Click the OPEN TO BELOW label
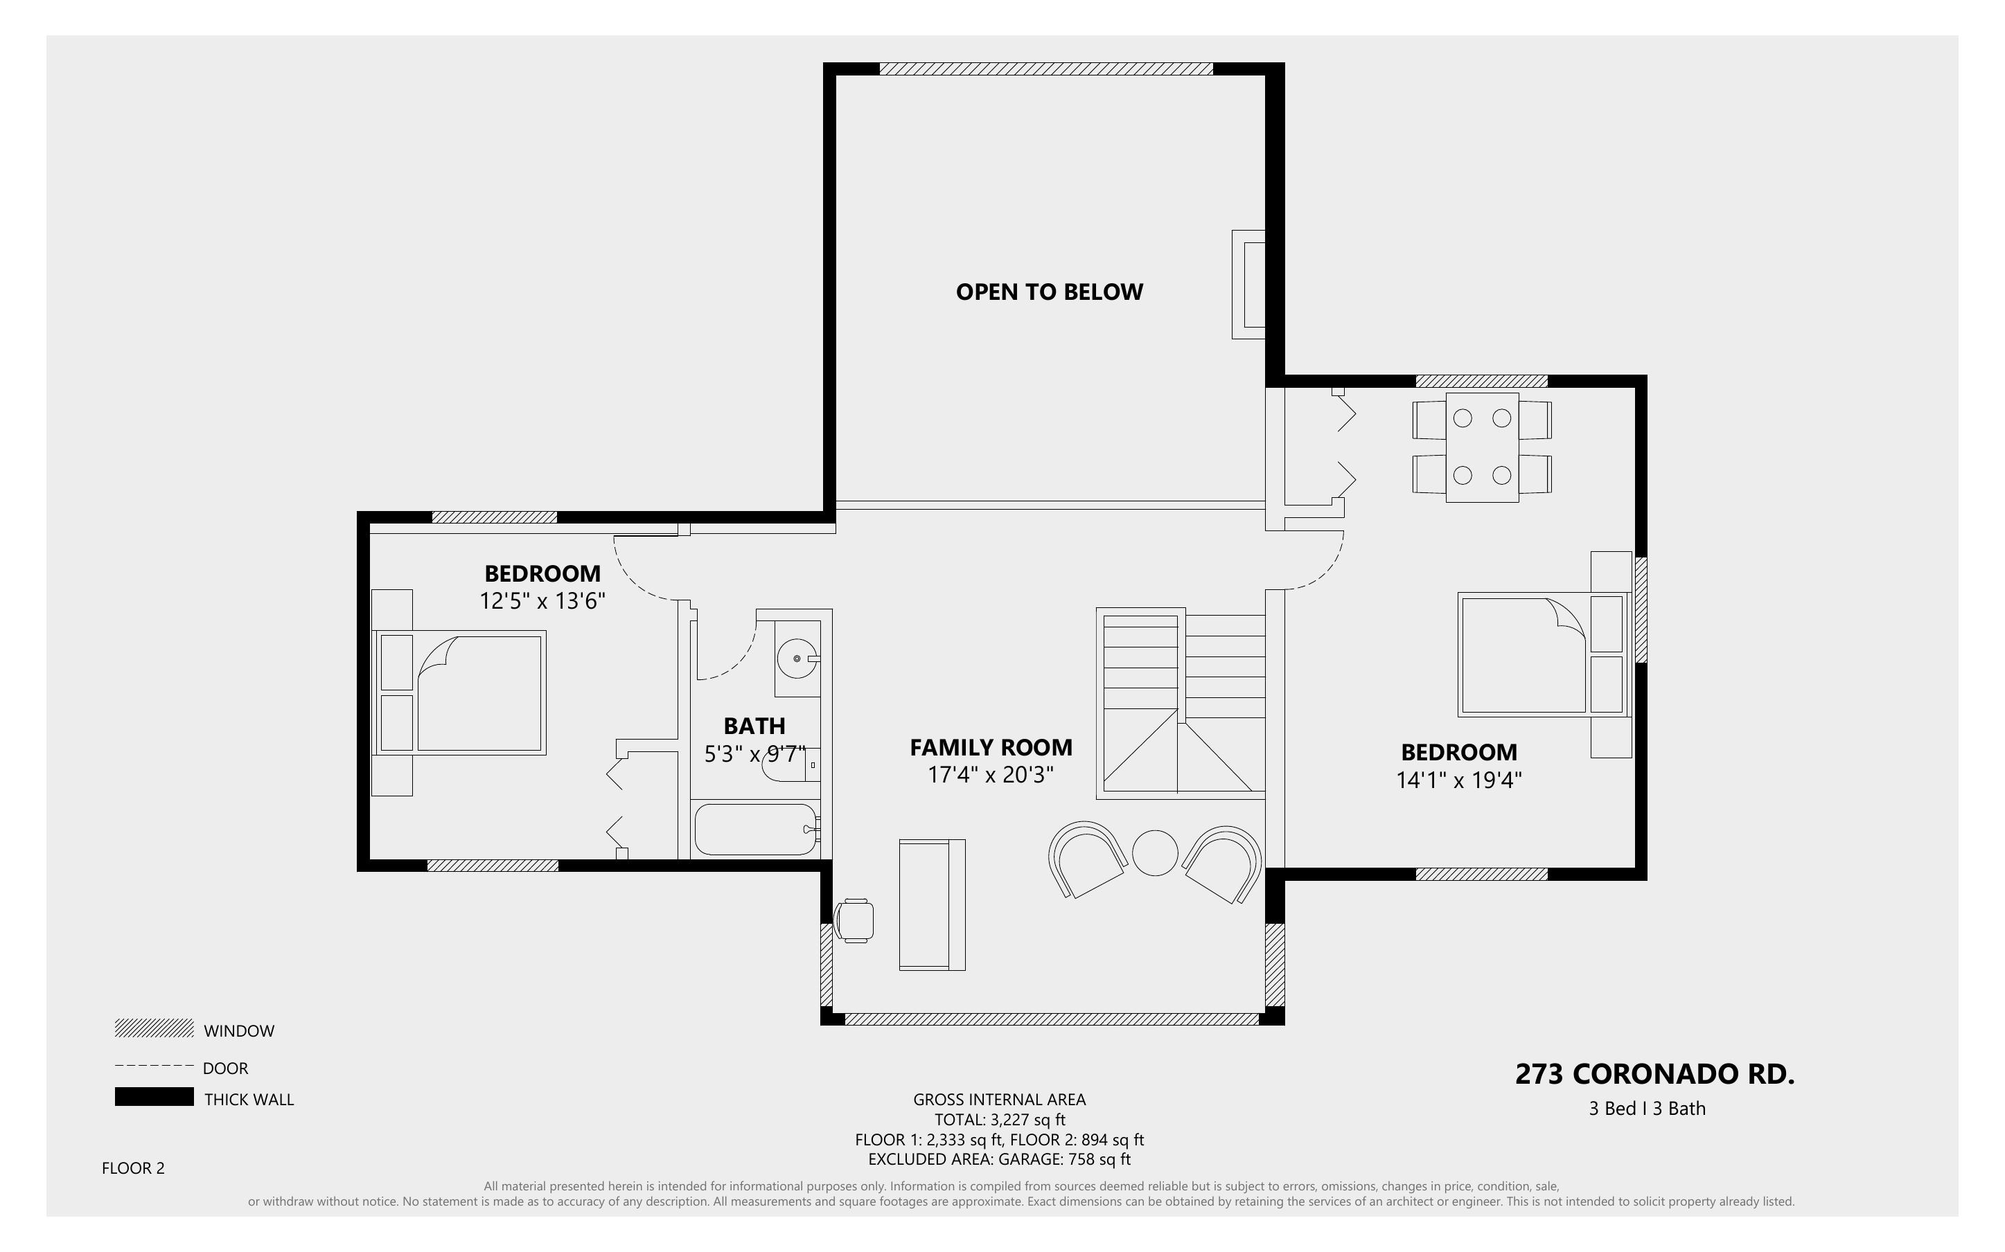tap(1050, 292)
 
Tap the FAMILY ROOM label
tap(991, 748)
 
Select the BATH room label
tap(754, 726)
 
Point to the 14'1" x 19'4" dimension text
tap(1459, 780)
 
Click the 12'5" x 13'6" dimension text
tap(542, 600)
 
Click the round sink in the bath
tap(797, 659)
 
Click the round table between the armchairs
tap(1156, 853)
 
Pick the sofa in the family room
tap(933, 904)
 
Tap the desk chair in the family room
tap(854, 920)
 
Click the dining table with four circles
tap(1483, 447)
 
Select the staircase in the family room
tap(1181, 704)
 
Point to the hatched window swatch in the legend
tap(154, 1028)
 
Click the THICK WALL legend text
tap(249, 1100)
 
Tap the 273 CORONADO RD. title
tap(1654, 1074)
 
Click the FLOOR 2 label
tap(133, 1168)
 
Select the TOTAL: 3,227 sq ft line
tap(1000, 1120)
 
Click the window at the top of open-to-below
tap(1046, 69)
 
